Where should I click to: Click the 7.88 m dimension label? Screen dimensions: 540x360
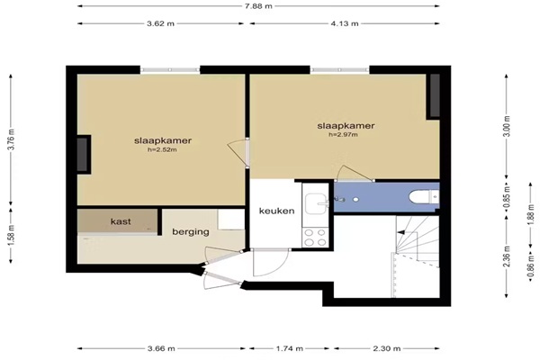point(258,6)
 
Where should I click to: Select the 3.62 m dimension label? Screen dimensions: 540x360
point(160,23)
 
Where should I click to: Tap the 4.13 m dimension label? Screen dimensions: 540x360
point(345,23)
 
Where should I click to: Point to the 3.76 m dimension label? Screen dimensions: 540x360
point(11,139)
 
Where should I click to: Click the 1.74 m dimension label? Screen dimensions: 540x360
point(289,348)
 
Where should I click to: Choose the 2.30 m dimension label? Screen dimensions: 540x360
point(387,348)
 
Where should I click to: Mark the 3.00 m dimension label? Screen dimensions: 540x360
point(507,126)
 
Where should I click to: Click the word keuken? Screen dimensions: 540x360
point(276,211)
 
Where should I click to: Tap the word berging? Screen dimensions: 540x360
point(191,232)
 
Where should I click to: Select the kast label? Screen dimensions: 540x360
point(121,221)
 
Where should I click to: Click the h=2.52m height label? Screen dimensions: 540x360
point(162,150)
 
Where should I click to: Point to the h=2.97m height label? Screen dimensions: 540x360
point(344,135)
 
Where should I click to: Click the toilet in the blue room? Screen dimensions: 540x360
point(424,197)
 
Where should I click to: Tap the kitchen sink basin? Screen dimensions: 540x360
point(316,203)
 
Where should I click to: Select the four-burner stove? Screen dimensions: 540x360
point(316,238)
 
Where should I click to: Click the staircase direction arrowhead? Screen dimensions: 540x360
point(400,232)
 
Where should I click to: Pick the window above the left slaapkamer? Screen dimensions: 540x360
point(170,70)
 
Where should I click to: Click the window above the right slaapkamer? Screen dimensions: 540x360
point(339,70)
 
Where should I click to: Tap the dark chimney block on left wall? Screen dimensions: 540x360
point(82,155)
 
